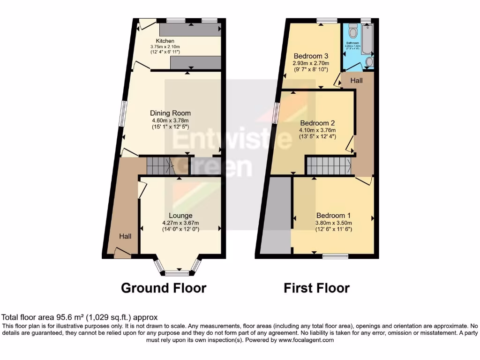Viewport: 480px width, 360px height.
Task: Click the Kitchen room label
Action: (165, 41)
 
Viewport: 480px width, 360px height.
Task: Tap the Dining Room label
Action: (170, 113)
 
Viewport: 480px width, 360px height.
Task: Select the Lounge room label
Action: (180, 216)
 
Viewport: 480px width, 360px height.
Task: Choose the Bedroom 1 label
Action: (334, 216)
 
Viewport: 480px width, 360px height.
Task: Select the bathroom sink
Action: (369, 62)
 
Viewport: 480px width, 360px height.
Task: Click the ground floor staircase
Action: (160, 165)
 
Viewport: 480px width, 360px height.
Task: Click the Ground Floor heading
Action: (164, 287)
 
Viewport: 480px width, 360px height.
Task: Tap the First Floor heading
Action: (316, 287)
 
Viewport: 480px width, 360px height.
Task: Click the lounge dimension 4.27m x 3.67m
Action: (180, 223)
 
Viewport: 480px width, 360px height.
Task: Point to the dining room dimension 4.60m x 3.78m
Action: (170, 120)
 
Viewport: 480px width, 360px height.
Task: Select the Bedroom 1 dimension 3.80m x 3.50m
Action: (334, 223)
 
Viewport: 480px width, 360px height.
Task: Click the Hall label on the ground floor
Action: (125, 237)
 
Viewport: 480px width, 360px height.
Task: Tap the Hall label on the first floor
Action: (357, 81)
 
